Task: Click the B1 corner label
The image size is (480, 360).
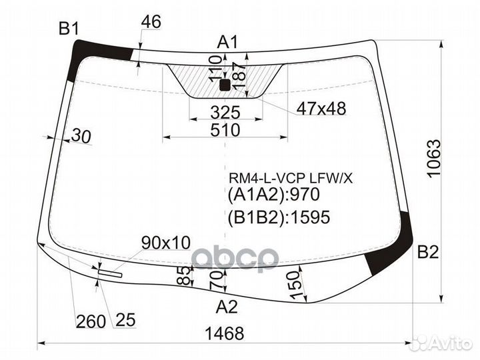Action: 69,28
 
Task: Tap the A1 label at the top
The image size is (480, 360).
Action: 227,42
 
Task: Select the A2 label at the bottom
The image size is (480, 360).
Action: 227,307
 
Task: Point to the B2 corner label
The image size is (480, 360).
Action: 427,252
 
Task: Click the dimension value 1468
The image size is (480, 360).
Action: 225,333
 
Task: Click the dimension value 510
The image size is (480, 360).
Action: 225,130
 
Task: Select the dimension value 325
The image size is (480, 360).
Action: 225,111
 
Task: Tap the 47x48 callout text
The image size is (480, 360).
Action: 321,109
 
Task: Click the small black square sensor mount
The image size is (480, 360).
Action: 225,84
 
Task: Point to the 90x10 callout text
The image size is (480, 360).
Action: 165,242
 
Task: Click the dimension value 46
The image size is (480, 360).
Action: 151,21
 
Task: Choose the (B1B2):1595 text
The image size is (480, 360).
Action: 279,217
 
